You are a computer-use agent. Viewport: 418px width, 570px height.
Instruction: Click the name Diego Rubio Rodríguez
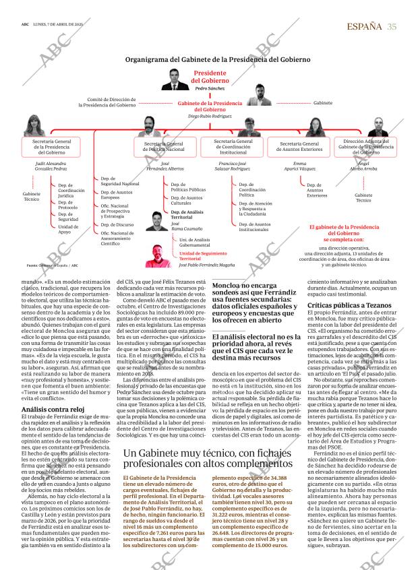pos(209,115)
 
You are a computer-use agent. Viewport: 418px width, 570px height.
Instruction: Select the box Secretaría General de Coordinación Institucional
pos(233,147)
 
